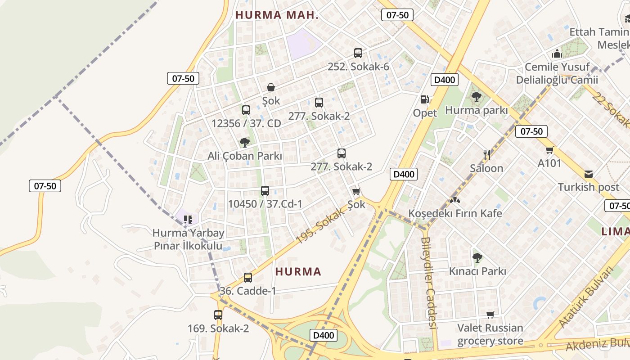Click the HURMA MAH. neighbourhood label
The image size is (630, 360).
(x=277, y=15)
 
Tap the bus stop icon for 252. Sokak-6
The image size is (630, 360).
(x=358, y=53)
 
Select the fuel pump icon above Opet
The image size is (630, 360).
(x=424, y=99)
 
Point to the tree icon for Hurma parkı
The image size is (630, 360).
(x=476, y=96)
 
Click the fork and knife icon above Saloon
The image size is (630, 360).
(x=486, y=155)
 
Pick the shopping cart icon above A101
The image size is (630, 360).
(x=549, y=150)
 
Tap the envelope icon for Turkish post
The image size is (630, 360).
(x=589, y=174)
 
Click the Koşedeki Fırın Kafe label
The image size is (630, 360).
(x=455, y=213)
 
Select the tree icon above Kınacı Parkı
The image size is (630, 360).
(x=477, y=258)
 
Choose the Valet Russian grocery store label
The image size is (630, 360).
(x=490, y=334)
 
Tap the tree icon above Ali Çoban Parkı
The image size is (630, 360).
(x=245, y=143)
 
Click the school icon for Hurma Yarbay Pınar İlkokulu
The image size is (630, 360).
(x=188, y=220)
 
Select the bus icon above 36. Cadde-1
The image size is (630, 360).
(x=248, y=278)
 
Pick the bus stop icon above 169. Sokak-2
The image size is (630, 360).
(x=218, y=315)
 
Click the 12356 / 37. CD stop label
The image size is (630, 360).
(x=246, y=123)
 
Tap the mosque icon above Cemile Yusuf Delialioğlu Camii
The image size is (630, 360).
(x=557, y=54)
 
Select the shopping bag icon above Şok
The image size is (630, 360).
(x=271, y=87)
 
